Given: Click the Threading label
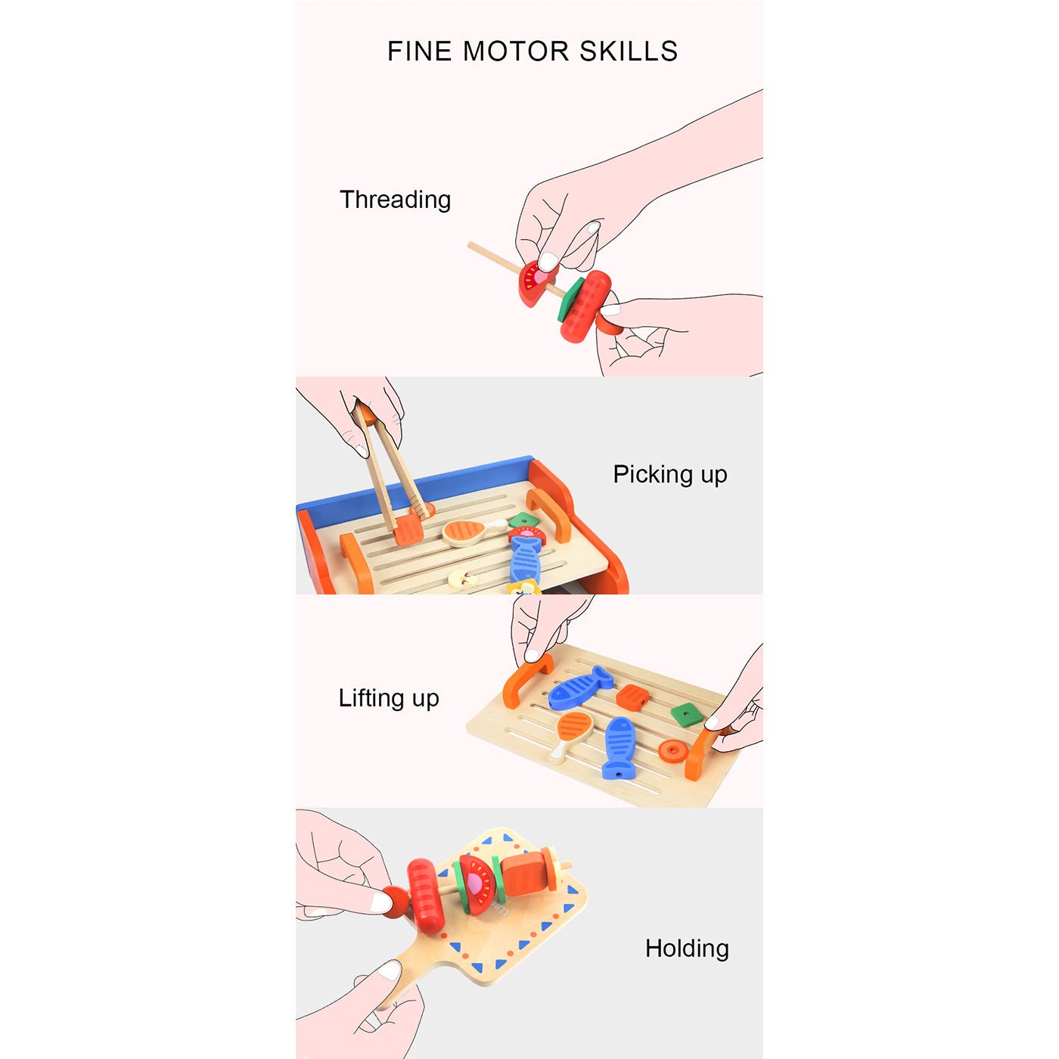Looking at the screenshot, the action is (x=395, y=200).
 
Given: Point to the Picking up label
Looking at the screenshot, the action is (x=670, y=474).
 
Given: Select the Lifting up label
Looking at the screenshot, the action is (x=389, y=698).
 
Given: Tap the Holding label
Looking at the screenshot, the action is (x=687, y=948).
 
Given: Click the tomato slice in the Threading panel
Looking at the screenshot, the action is (x=536, y=282).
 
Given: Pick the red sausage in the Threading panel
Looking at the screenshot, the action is (x=586, y=306).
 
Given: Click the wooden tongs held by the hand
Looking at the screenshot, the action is (x=391, y=467).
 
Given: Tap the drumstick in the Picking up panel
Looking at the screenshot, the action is (x=472, y=532).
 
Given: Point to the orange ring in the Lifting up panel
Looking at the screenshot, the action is (x=673, y=750).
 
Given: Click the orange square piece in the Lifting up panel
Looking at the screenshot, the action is (x=632, y=697).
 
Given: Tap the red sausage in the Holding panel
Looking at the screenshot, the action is (x=425, y=896).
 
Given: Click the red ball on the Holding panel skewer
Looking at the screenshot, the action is (x=396, y=902).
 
